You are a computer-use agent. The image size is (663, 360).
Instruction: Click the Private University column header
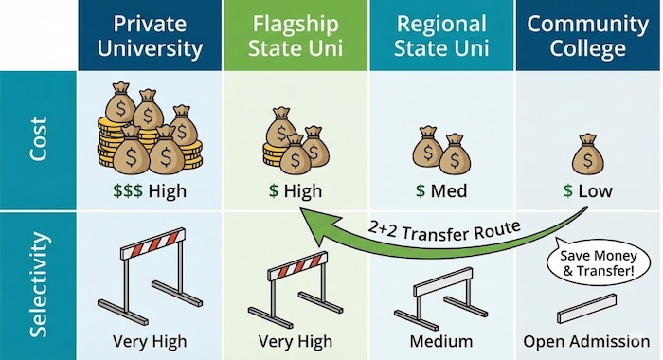pos(151,36)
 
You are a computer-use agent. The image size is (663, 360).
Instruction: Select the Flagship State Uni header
pos(296,36)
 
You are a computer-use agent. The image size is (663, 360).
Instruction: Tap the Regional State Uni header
pos(442,36)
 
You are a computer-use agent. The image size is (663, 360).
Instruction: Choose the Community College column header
pos(589,36)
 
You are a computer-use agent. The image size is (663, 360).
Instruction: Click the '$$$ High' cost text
pos(150,191)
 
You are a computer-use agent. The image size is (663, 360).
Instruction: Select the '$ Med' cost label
pos(441,191)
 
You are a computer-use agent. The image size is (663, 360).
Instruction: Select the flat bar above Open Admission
pos(588,313)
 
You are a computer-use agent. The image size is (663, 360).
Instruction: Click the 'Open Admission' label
pos(588,342)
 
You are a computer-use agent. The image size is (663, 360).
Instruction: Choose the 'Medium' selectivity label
pos(441,342)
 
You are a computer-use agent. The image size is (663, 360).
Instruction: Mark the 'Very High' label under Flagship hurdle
pos(296,342)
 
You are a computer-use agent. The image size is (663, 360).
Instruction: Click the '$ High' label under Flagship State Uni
pos(296,191)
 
